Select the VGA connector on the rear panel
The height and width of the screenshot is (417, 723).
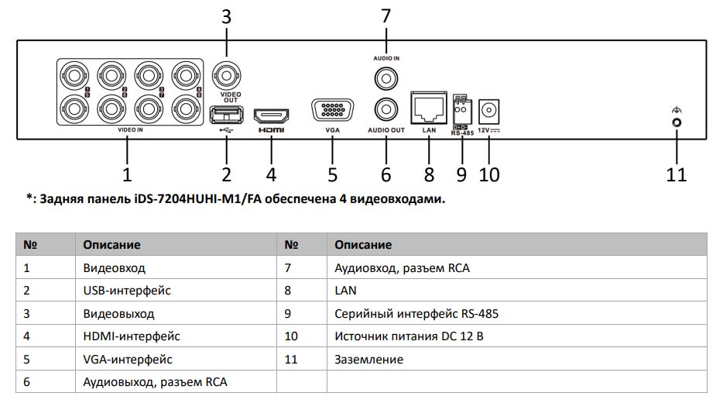[x=333, y=111]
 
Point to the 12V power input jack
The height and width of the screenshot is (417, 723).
[x=488, y=112]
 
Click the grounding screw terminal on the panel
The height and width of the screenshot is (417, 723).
[x=677, y=122]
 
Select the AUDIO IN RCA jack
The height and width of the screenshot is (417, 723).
[x=385, y=78]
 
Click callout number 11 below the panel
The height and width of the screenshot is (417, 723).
[x=677, y=174]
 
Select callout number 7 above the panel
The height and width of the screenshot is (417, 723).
[x=385, y=16]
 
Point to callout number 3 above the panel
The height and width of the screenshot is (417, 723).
[x=226, y=16]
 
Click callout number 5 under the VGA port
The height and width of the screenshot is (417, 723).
[x=333, y=174]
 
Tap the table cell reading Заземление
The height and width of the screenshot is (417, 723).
[x=369, y=360]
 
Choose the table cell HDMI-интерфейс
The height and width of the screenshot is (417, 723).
[x=132, y=336]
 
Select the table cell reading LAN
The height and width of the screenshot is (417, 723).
[x=346, y=291]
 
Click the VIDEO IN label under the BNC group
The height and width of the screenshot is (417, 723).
[x=130, y=130]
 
